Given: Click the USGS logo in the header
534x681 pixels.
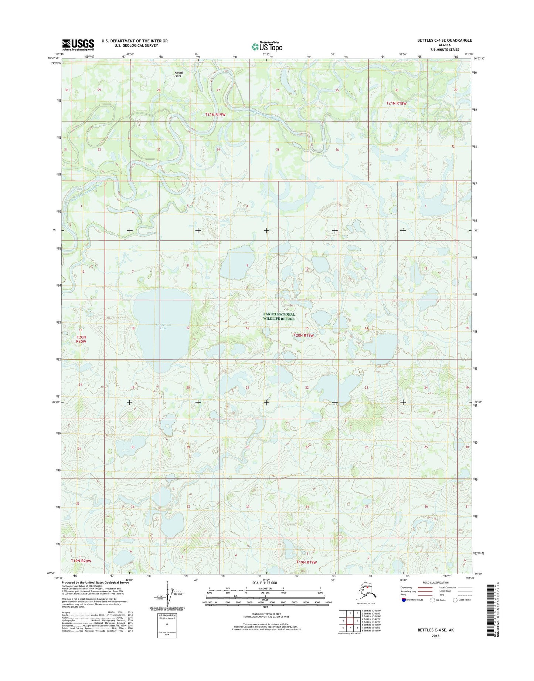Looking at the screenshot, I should pos(78,44).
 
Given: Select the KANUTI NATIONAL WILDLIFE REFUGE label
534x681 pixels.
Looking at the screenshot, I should pos(279,316).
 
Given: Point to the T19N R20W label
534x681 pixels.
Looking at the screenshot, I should pos(81,561).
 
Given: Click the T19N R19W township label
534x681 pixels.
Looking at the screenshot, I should pos(307,562).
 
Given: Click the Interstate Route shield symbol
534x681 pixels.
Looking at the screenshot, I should pos(404,600).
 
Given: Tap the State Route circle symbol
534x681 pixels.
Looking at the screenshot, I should pos(455,600).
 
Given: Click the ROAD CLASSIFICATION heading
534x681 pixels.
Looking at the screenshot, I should pos(436,583).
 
